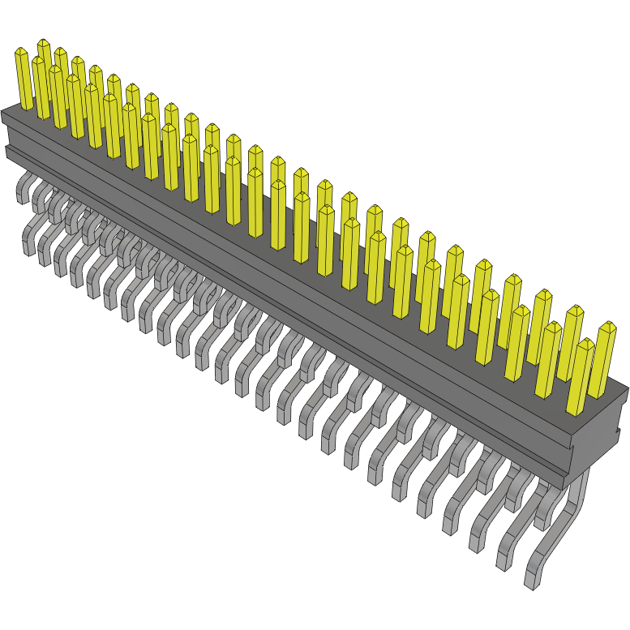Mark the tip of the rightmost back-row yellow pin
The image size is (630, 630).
coord(606,325)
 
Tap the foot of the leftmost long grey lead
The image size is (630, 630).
coord(29,246)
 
